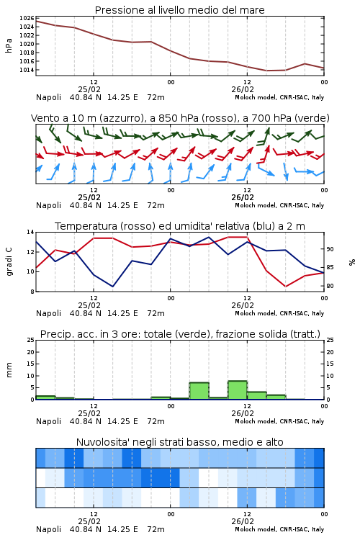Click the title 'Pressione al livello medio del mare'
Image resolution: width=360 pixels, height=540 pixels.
pyautogui.click(x=179, y=10)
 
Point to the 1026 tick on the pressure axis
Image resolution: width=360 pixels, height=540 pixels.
pyautogui.click(x=27, y=18)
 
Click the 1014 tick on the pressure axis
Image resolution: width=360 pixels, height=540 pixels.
pyautogui.click(x=27, y=70)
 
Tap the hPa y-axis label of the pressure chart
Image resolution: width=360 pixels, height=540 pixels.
pyautogui.click(x=9, y=45)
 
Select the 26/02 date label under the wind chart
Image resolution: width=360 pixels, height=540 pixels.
pyautogui.click(x=243, y=198)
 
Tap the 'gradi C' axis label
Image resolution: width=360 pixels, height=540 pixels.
pyautogui.click(x=9, y=262)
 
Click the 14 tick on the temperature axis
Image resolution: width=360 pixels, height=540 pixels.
pyautogui.click(x=31, y=232)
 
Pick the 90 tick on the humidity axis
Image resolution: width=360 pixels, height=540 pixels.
pyautogui.click(x=330, y=249)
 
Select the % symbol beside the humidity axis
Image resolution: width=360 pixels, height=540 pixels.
pyautogui.click(x=352, y=262)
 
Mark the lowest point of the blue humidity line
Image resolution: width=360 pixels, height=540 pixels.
pyautogui.click(x=112, y=287)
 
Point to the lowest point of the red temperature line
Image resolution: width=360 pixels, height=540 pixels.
pyautogui.click(x=286, y=287)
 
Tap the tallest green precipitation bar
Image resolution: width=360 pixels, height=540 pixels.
pyautogui.click(x=238, y=390)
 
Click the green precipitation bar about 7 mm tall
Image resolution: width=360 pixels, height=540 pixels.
pyautogui.click(x=199, y=391)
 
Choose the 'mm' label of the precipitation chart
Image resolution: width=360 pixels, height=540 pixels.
pyautogui.click(x=9, y=370)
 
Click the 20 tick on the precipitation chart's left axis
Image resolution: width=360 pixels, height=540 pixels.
pyautogui.click(x=31, y=352)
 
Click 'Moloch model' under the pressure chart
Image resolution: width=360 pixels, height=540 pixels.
pyautogui.click(x=256, y=97)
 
